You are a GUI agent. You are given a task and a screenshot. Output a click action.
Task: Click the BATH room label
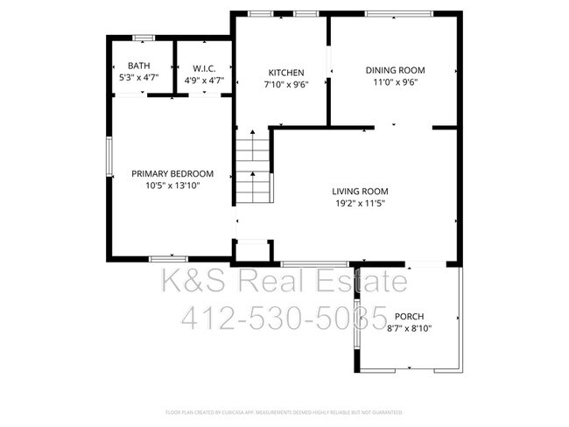coord(138,66)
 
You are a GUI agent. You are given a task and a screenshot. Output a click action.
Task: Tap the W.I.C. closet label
coord(204,68)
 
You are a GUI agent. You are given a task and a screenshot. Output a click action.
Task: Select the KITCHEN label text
coord(286,73)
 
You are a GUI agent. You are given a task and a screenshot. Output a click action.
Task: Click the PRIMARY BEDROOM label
coord(172,173)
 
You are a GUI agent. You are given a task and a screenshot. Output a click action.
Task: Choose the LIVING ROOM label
coord(360,192)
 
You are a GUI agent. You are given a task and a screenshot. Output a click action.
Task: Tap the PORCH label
coord(410,317)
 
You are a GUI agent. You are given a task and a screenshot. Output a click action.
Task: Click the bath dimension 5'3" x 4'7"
coord(138,78)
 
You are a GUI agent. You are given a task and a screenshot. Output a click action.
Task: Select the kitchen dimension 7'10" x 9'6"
coord(286,85)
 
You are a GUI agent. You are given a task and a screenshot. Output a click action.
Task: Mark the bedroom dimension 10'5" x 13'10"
coord(172,185)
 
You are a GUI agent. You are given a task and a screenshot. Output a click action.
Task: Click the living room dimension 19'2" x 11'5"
coord(360,204)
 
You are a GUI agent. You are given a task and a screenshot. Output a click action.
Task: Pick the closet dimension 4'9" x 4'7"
coord(204,80)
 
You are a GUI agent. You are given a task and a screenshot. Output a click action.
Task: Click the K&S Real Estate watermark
coord(284,282)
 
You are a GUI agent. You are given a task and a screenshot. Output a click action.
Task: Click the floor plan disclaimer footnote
coord(284,411)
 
